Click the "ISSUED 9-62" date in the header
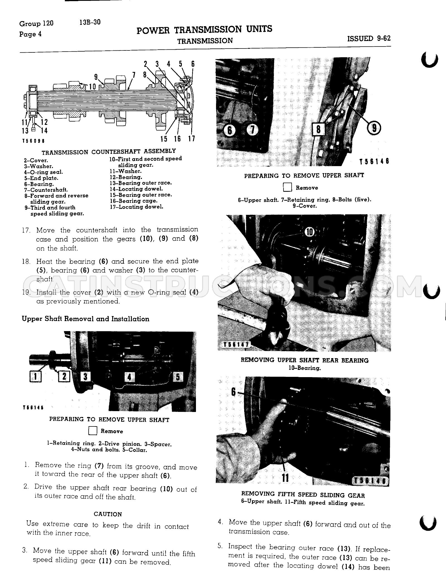coord(369,38)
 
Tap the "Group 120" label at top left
coord(36,23)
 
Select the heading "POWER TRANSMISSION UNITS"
coord(204,30)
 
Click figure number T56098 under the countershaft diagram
coord(33,141)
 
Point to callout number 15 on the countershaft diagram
coord(164,139)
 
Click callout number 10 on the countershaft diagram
coord(93,87)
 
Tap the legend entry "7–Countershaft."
coord(46,190)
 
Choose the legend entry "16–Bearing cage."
coord(134,201)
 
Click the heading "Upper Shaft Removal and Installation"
coord(86,319)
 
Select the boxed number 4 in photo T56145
coord(129,377)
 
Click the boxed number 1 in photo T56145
coord(35,377)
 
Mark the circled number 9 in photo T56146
coord(374,128)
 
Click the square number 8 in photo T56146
coord(319,129)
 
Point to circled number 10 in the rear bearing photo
coord(310,232)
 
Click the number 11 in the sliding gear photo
coord(285,477)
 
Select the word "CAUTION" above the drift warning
coord(108,514)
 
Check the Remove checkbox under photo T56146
coord(287,187)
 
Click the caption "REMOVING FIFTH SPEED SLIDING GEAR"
coord(303,495)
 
